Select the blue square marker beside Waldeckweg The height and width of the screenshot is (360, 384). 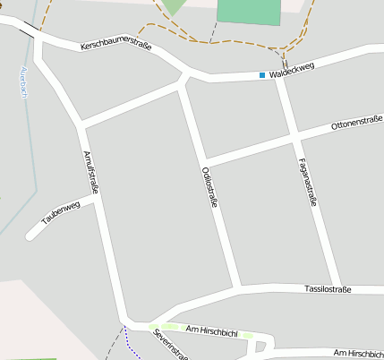point(262,75)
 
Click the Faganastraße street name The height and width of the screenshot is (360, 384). point(305,181)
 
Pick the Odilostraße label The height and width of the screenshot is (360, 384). point(210,187)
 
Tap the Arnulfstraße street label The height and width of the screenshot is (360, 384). point(90,171)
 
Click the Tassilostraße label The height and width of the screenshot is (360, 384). point(328,289)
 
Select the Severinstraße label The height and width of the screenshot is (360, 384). point(170,345)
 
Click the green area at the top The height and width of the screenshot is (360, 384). point(248,11)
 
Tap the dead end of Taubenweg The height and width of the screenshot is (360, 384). point(30,236)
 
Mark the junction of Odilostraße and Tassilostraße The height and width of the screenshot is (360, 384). point(237,289)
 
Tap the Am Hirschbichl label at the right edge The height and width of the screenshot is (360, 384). point(358,353)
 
